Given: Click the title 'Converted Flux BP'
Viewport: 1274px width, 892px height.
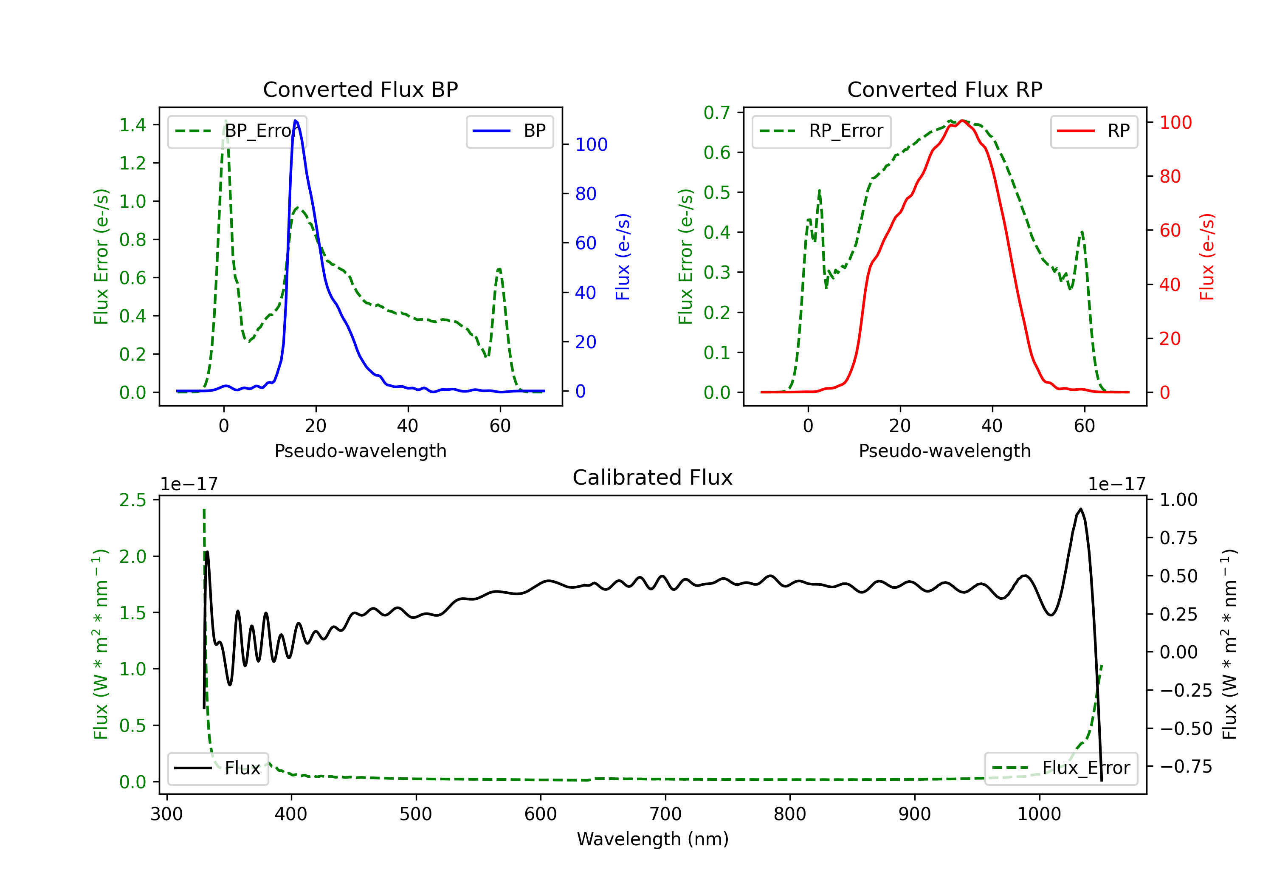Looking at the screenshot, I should [360, 89].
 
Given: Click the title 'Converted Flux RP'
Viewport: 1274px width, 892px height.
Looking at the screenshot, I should [944, 89].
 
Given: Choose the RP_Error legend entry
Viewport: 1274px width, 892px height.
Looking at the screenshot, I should [821, 131].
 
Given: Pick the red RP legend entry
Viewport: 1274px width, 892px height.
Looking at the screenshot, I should [1094, 131].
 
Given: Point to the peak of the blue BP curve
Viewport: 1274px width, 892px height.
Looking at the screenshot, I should [295, 121].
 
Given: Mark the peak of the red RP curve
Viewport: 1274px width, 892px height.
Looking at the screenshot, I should [962, 121].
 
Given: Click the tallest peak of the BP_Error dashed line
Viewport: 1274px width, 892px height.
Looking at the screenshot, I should [225, 121].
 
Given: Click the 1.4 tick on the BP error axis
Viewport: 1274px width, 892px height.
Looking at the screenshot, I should [132, 125].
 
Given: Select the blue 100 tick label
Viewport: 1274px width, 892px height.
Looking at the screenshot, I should [591, 145].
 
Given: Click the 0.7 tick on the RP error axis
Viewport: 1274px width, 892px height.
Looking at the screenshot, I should [716, 113].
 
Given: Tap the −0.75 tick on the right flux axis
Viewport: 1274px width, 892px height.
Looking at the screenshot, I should [1185, 767].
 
